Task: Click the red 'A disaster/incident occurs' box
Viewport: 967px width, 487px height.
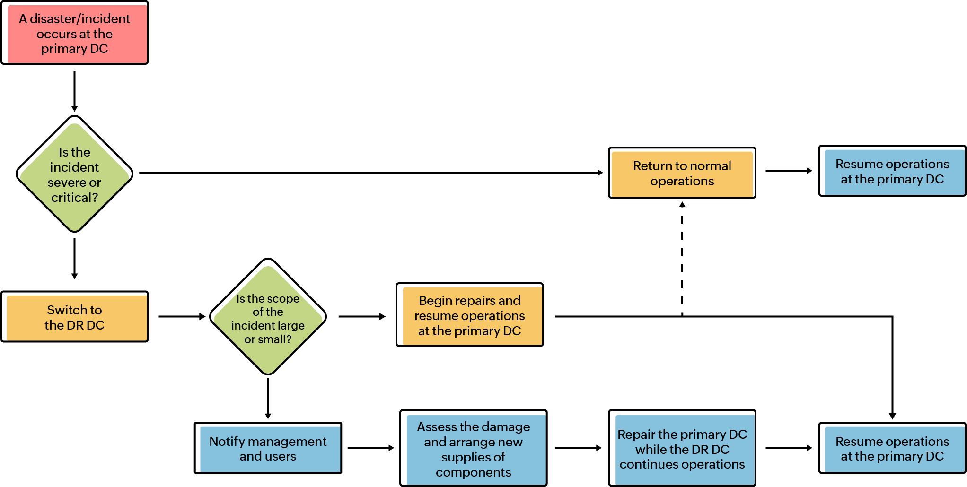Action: (75, 33)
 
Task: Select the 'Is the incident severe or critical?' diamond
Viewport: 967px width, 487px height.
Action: (74, 174)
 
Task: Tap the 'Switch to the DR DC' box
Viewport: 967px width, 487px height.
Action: (75, 317)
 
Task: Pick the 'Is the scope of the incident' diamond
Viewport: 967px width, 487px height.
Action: (268, 317)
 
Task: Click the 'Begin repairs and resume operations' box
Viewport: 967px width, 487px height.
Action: (470, 315)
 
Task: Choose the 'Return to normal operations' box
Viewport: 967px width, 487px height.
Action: (682, 173)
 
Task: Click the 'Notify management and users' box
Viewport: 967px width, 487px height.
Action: (268, 448)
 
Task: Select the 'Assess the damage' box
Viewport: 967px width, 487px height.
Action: (473, 449)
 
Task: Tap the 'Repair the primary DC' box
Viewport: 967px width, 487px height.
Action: (682, 449)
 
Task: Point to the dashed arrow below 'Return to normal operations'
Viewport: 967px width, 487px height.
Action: (682, 258)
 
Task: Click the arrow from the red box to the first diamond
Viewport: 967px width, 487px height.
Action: (74, 91)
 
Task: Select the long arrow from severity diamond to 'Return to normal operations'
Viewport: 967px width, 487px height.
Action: (369, 173)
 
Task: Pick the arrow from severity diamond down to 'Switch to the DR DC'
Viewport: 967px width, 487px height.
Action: (74, 258)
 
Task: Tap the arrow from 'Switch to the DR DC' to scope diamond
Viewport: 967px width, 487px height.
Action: (182, 316)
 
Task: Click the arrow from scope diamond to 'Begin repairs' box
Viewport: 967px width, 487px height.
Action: (361, 316)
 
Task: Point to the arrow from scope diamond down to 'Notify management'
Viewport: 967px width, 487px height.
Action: (268, 398)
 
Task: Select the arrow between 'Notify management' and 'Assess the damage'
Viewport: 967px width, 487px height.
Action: (370, 448)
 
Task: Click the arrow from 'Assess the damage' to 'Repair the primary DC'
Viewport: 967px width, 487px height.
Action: (578, 448)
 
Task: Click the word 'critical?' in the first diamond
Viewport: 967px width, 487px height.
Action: (74, 198)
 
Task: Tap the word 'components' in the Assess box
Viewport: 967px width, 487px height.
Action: (473, 472)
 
